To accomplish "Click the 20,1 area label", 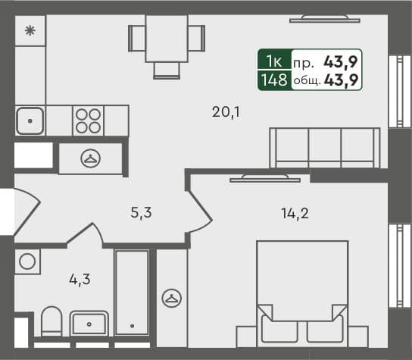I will (x=226, y=113).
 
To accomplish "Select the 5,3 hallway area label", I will (x=142, y=212).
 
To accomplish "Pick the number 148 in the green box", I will (x=273, y=78).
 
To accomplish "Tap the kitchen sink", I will (x=30, y=120).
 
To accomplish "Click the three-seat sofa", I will (x=323, y=147).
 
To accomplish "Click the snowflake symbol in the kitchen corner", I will (x=30, y=31).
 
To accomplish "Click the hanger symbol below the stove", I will (x=91, y=158).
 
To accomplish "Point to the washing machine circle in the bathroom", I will (x=27, y=261).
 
